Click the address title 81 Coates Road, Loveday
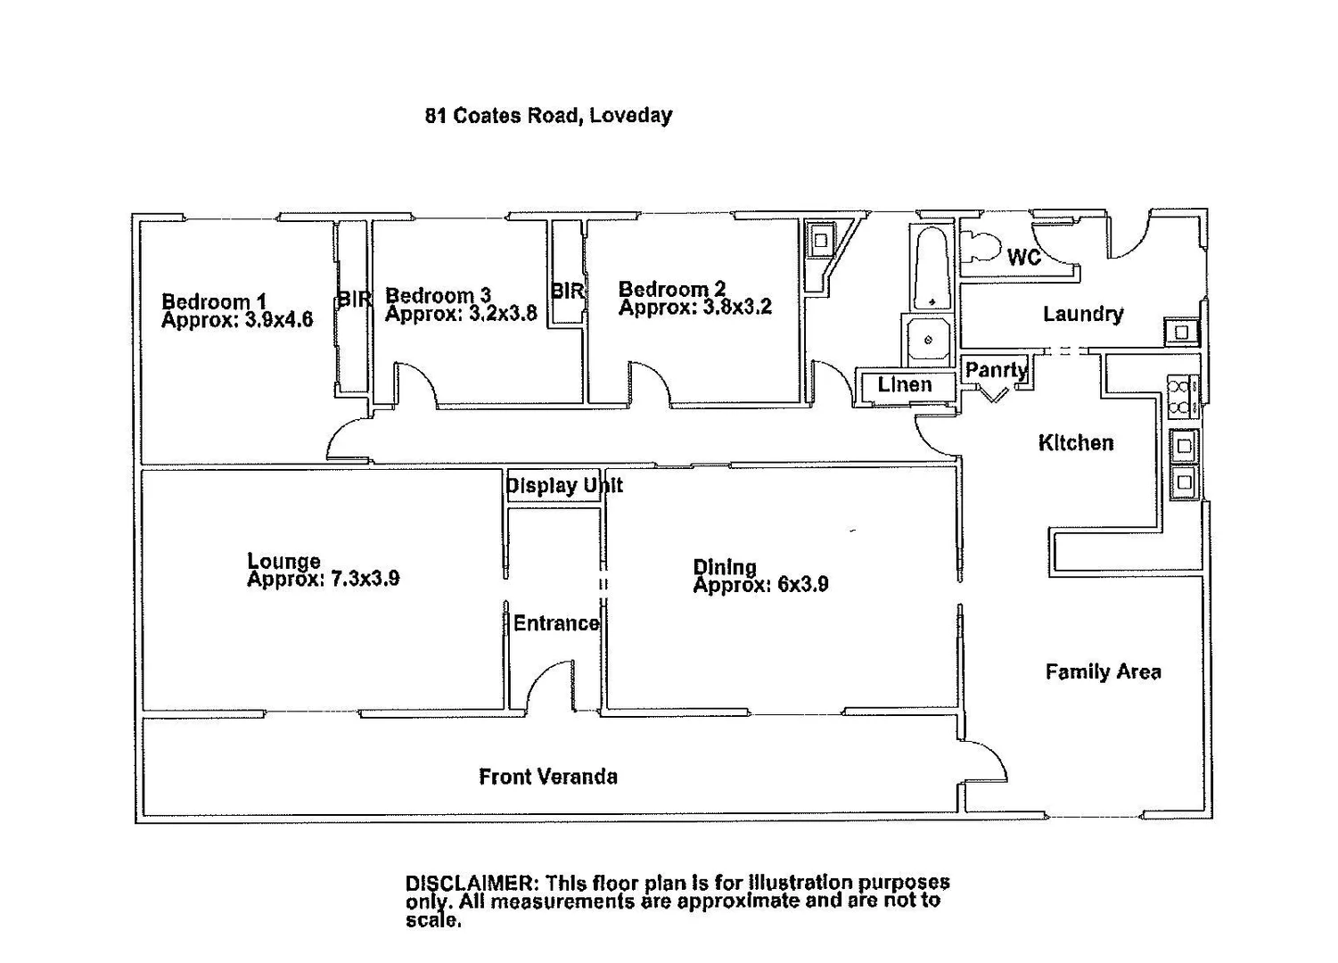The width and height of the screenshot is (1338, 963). click(x=548, y=115)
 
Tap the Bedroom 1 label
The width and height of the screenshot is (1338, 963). click(x=214, y=301)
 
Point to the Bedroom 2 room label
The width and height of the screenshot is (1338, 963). click(x=671, y=289)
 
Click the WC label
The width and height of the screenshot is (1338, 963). click(x=1024, y=258)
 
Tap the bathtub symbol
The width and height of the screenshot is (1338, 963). click(x=931, y=268)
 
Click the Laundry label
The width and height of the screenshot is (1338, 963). click(x=1083, y=314)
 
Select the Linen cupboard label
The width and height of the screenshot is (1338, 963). click(x=904, y=385)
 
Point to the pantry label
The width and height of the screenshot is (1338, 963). click(x=996, y=369)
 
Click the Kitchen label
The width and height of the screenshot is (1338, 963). click(x=1076, y=442)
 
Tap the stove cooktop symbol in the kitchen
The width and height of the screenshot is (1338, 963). click(x=1181, y=397)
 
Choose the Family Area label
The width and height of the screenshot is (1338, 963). click(x=1103, y=672)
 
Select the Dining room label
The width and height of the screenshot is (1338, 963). click(x=724, y=566)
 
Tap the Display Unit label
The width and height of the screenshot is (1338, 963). click(x=563, y=486)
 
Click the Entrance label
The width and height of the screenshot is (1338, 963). click(x=555, y=623)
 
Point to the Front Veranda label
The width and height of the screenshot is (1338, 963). click(x=548, y=777)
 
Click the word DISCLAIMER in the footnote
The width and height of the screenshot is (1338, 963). click(x=468, y=883)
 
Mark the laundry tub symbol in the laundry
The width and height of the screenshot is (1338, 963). click(x=1180, y=333)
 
